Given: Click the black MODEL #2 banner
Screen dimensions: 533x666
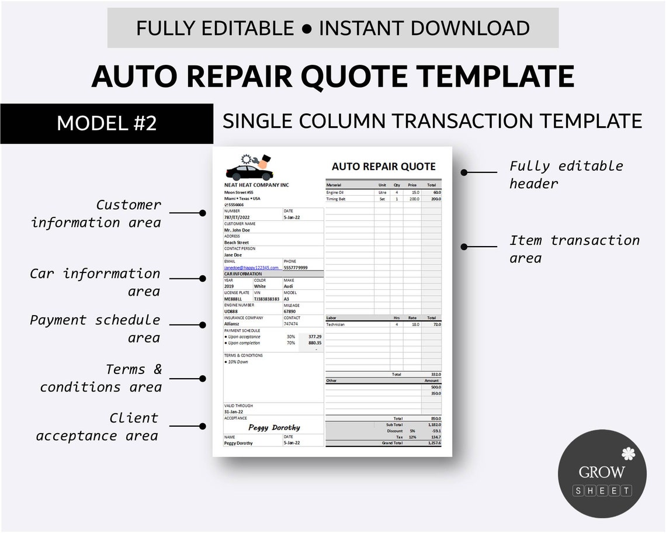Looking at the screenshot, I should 106,123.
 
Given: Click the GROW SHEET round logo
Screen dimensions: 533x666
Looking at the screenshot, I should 602,473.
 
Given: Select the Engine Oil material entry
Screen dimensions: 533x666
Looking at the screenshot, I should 335,192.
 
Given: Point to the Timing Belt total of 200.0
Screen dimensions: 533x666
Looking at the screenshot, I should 435,199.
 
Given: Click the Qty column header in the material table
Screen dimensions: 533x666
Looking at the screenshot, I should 397,185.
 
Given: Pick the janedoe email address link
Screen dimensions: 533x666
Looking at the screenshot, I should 251,268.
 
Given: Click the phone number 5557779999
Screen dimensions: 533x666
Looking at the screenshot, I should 296,268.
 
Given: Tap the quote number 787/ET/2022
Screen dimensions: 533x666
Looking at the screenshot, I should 237,217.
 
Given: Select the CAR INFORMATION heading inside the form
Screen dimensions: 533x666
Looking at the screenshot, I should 243,274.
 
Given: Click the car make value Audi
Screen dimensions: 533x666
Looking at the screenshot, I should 289,286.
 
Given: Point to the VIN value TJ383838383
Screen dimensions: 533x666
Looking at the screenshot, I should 266,299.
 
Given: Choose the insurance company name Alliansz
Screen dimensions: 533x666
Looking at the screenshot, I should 233,324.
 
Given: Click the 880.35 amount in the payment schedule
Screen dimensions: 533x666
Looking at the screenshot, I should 315,343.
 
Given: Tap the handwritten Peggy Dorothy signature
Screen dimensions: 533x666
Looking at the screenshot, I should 274,427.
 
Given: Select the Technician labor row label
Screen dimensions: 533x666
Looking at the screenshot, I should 335,324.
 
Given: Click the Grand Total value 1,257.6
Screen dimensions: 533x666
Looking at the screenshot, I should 435,443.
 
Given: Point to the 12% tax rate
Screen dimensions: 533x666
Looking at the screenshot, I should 412,437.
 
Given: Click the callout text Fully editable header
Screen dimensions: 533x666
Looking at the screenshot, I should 566,174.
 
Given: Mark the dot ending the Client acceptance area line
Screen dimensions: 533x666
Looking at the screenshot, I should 203,427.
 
